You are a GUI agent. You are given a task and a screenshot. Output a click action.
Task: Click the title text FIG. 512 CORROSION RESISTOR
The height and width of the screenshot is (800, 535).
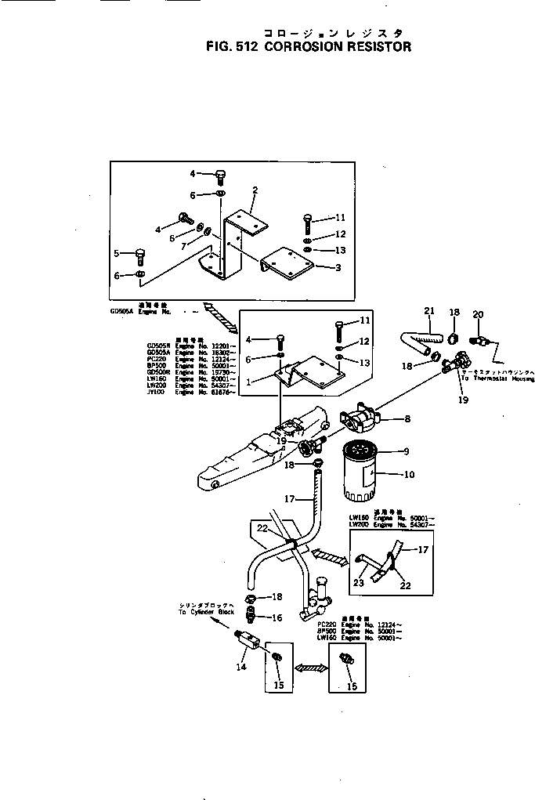tap(308, 46)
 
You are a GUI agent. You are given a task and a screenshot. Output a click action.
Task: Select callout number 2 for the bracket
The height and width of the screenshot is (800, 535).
tap(255, 190)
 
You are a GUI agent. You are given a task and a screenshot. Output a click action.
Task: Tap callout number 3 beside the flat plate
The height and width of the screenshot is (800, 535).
tap(338, 268)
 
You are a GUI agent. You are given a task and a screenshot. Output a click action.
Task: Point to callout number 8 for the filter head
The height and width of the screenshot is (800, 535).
tap(406, 419)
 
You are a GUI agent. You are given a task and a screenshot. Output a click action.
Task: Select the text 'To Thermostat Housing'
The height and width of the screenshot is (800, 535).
tap(497, 378)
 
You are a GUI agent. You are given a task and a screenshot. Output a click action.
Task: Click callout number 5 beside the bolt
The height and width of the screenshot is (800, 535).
tap(117, 253)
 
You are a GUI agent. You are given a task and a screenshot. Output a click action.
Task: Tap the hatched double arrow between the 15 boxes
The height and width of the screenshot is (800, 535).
tap(309, 668)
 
